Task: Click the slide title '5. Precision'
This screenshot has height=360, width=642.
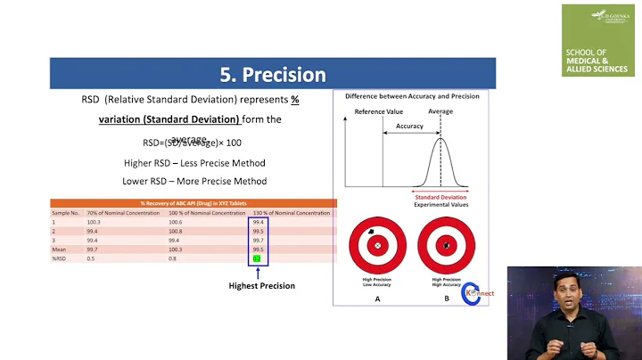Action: click(x=273, y=74)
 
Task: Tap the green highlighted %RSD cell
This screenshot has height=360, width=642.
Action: click(x=257, y=258)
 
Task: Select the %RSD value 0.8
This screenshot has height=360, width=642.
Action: click(x=173, y=258)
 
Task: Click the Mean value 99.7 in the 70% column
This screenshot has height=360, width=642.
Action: click(x=93, y=250)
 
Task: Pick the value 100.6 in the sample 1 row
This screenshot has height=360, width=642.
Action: click(x=175, y=222)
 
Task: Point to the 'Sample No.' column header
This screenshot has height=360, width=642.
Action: click(x=66, y=213)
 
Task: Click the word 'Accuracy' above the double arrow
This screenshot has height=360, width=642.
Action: click(x=409, y=127)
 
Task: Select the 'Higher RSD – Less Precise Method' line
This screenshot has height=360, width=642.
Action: click(x=194, y=163)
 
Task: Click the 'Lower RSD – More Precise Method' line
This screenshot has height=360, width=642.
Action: click(x=194, y=181)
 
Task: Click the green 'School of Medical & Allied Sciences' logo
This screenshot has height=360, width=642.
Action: click(x=598, y=40)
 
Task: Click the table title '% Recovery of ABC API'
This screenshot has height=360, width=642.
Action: click(x=193, y=203)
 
